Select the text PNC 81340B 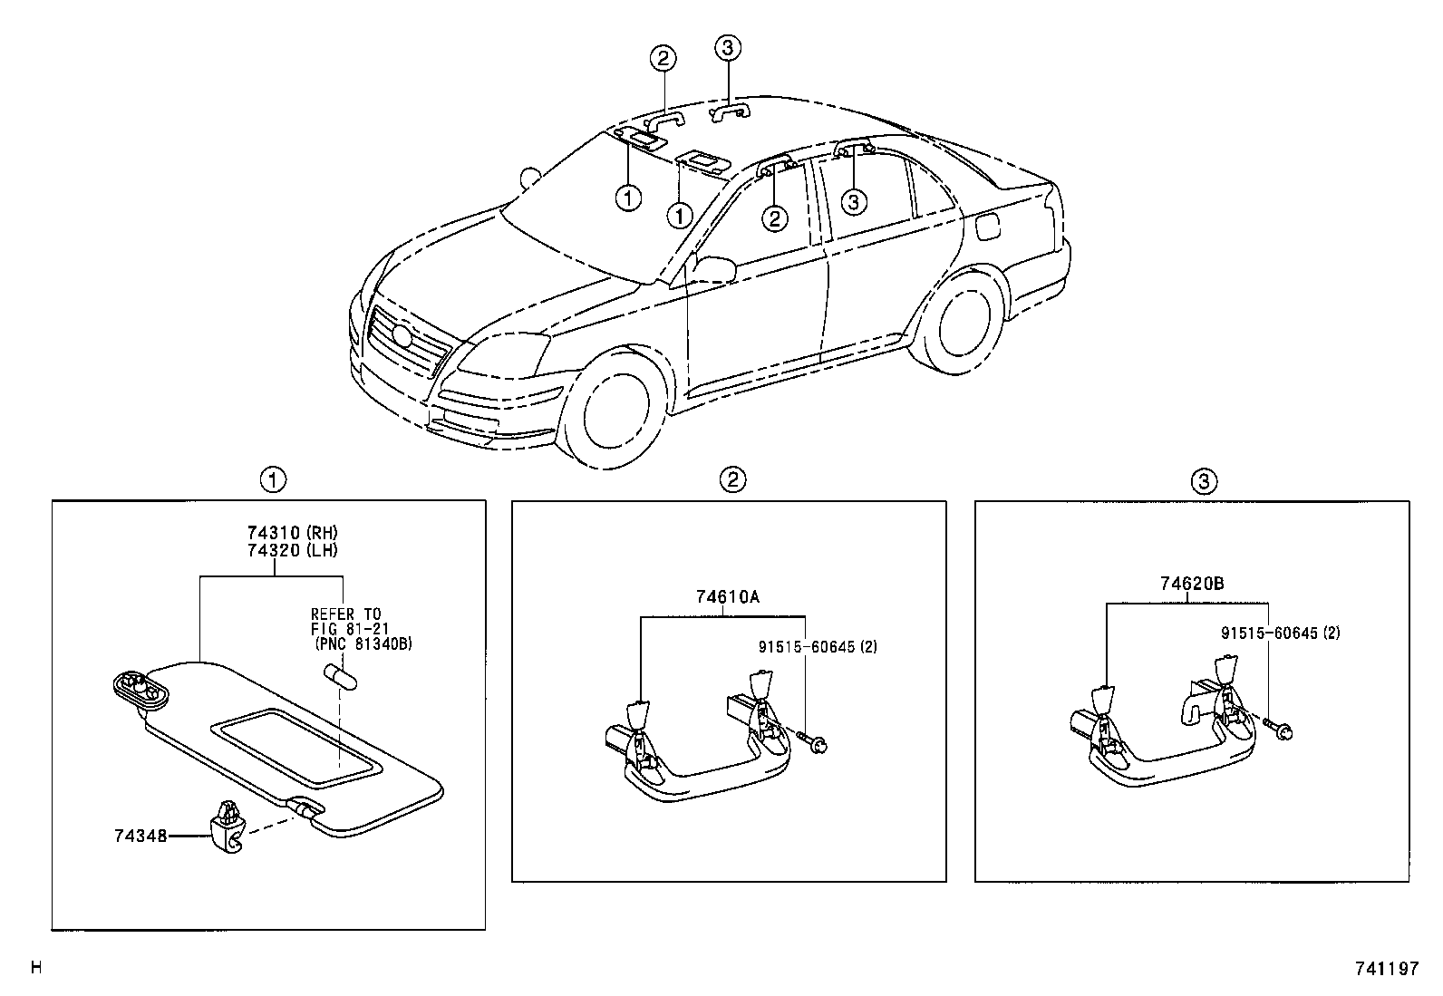[x=363, y=644]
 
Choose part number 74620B [x=1191, y=585]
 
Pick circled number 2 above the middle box [x=732, y=480]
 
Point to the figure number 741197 [x=1385, y=969]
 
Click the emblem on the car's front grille [x=402, y=334]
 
